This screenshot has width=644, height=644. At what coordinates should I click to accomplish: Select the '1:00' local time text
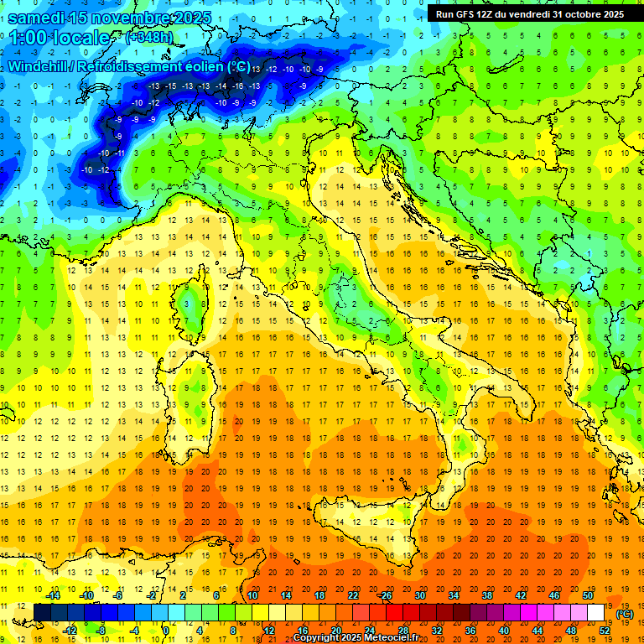[x=29, y=39]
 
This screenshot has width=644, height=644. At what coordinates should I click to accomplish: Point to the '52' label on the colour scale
[x=604, y=631]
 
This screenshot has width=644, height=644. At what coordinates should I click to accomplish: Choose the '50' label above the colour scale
[x=588, y=595]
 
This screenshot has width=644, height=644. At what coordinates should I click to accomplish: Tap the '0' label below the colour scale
[x=165, y=631]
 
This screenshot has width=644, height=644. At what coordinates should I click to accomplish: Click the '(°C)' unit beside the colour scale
[x=625, y=613]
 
